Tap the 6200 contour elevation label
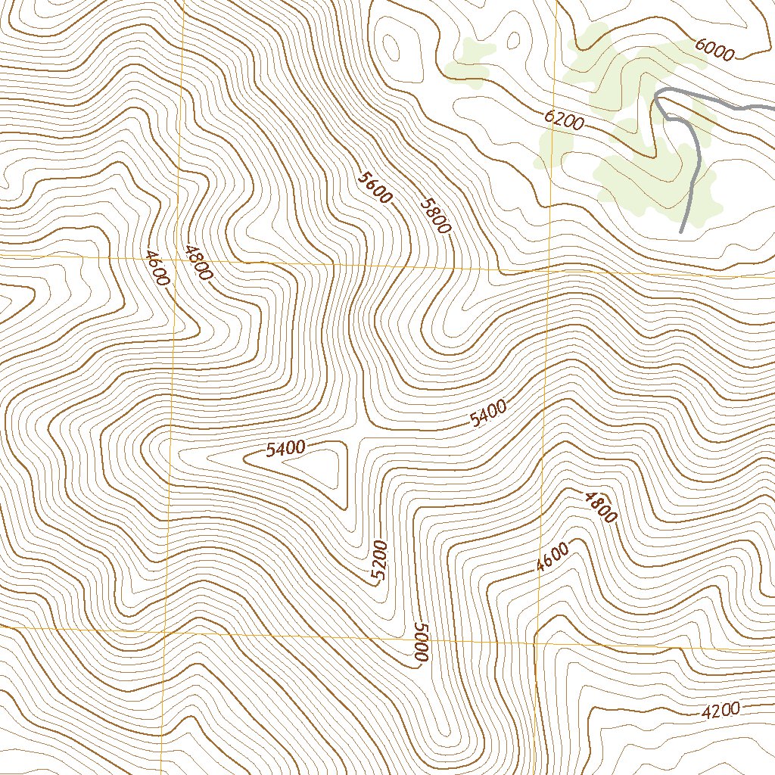pos(564,120)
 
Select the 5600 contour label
pos(376,188)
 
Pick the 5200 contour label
pos(379,560)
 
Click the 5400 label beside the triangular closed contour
pos(285,449)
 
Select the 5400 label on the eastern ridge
pos(488,414)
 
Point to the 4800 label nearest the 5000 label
pos(599,506)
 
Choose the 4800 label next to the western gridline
pos(197,263)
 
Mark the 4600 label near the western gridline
pos(157,267)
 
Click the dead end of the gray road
pos(682,231)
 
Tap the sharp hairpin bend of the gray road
pos(658,95)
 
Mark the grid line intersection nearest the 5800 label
pos(549,270)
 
